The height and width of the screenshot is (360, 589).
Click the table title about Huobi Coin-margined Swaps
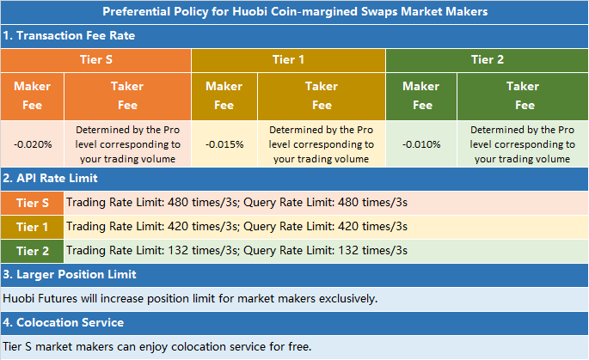click(294, 12)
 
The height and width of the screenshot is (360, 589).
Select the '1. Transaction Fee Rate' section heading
click(69, 36)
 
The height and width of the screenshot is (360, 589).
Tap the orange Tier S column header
click(95, 60)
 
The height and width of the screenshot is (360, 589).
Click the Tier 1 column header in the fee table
click(288, 60)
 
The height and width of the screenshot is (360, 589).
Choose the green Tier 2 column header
click(487, 60)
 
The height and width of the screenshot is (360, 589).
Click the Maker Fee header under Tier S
click(32, 95)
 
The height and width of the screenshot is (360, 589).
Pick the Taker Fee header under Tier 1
click(322, 95)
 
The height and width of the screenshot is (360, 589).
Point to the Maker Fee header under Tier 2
click(421, 95)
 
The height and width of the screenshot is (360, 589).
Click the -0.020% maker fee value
click(32, 143)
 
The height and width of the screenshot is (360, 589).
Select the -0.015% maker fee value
click(224, 143)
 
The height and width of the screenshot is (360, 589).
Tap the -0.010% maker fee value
click(421, 143)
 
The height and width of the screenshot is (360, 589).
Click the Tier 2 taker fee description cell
click(523, 143)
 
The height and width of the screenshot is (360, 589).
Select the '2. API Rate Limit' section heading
click(61, 178)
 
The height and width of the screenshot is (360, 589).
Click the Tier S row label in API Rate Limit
click(32, 203)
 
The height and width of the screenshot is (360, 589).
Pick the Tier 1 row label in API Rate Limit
click(32, 227)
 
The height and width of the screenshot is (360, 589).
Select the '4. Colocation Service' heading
click(64, 322)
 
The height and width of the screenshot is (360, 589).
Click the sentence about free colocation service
click(156, 347)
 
